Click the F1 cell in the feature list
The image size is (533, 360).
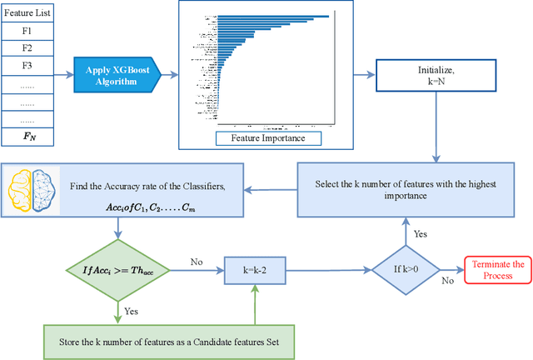27,31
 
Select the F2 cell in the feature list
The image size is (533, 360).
27,49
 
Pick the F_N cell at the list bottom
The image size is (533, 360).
27,136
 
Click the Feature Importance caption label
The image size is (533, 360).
260,137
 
